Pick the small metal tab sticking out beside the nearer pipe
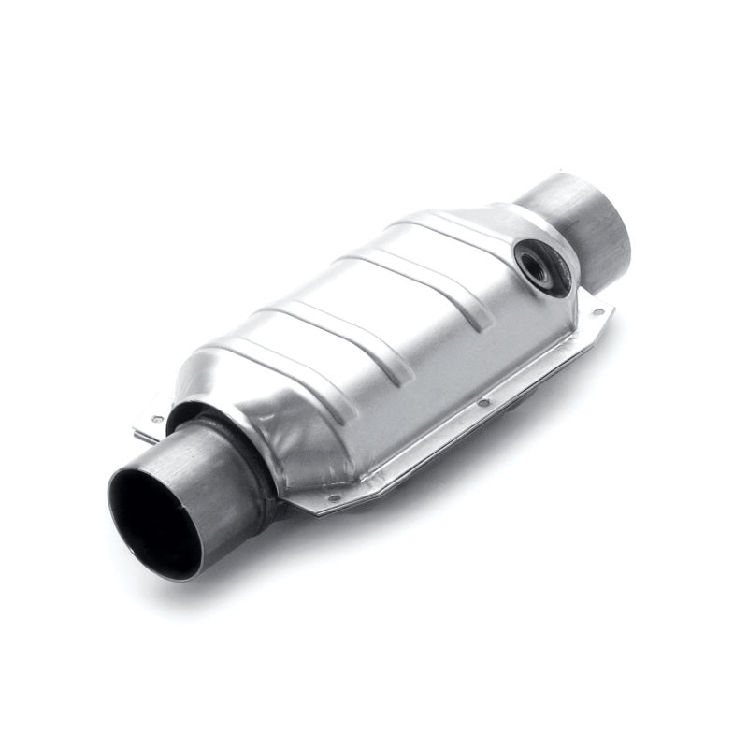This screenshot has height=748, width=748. tap(150, 425)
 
